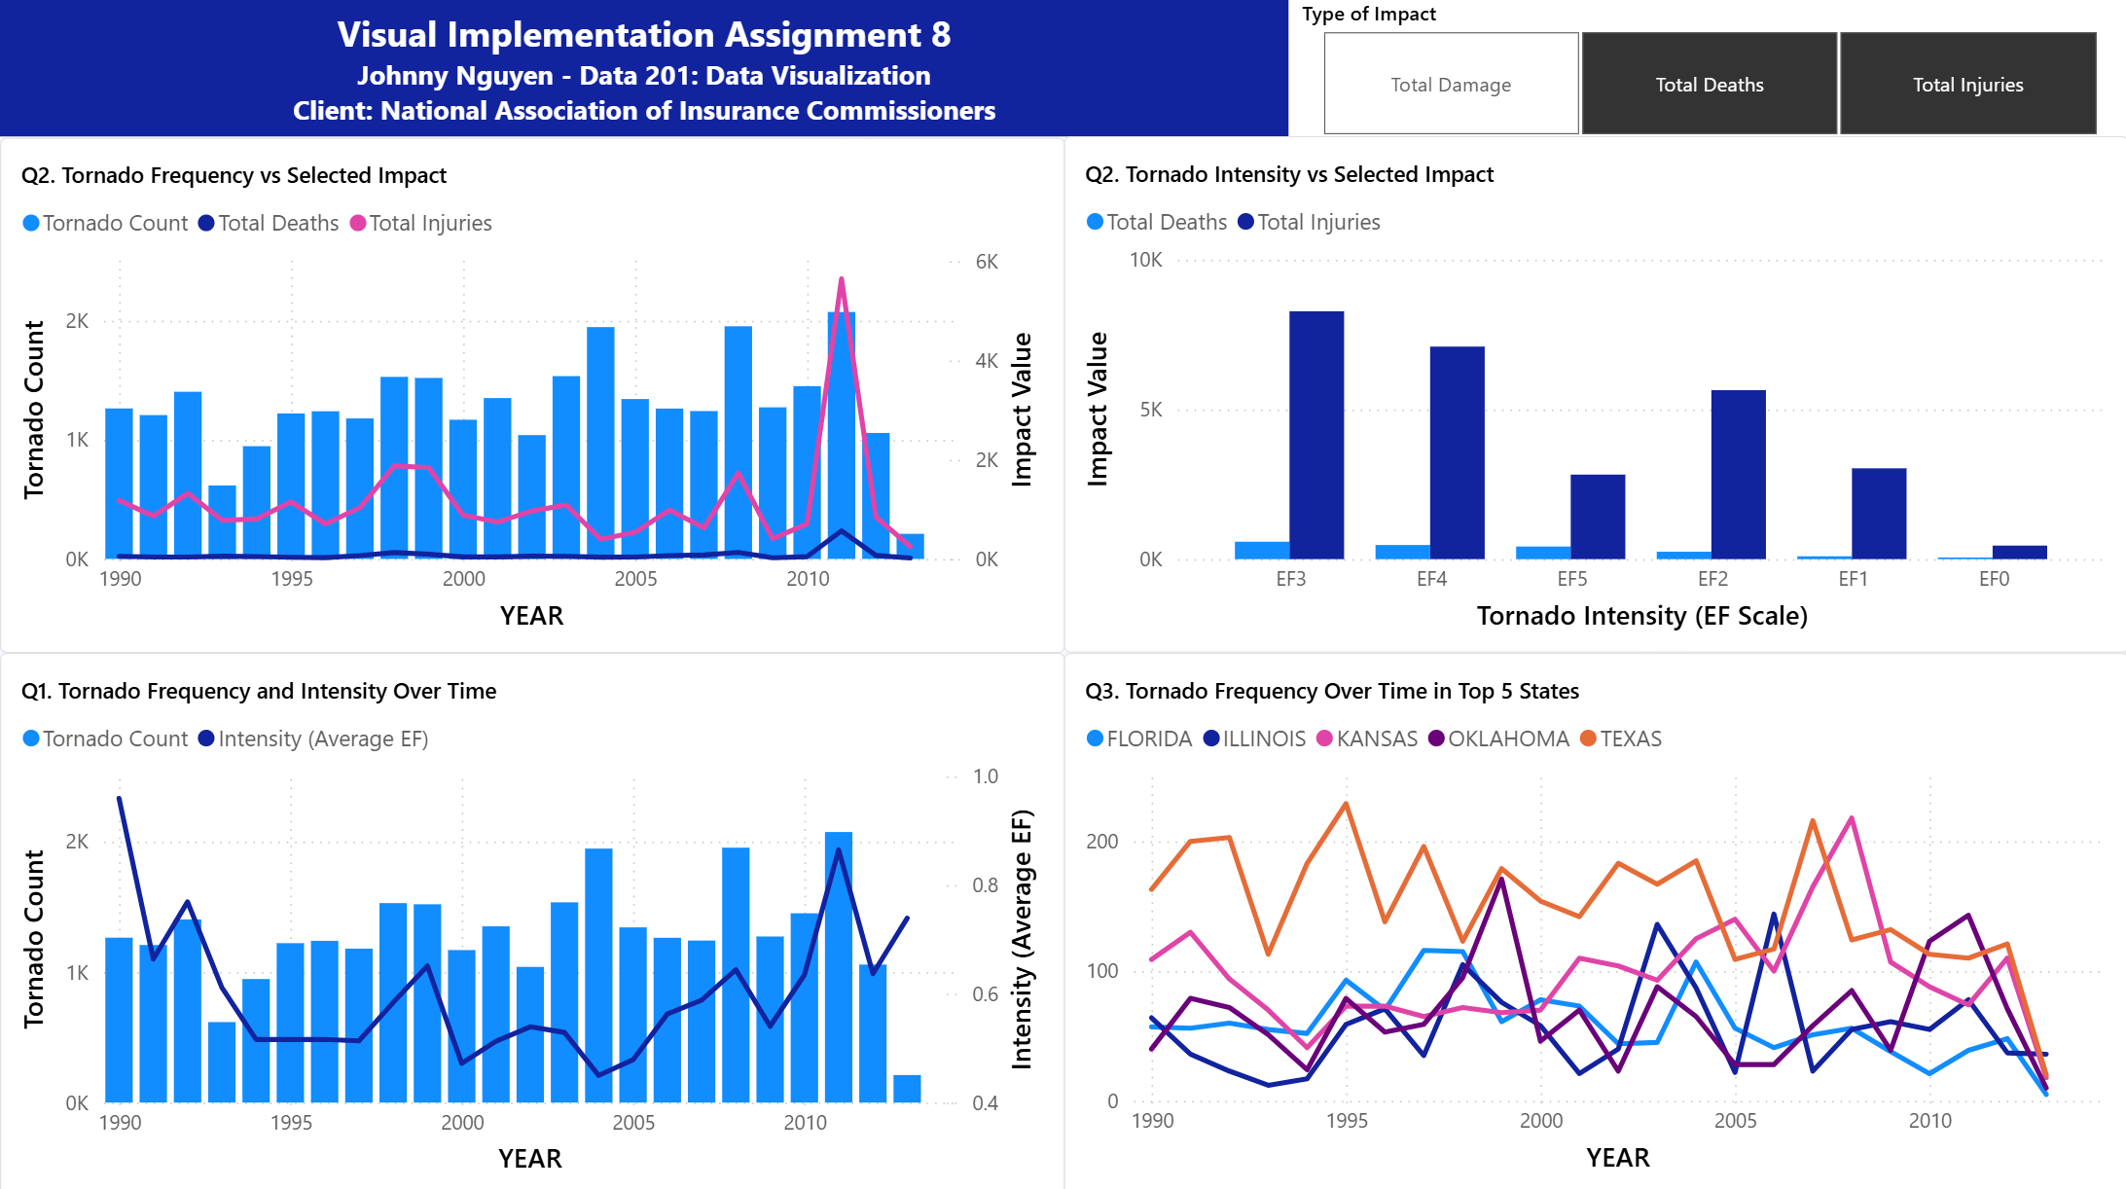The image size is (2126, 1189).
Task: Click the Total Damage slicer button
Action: click(1451, 84)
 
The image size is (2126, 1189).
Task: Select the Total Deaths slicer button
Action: click(1710, 84)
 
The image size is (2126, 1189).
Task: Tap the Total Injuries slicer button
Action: click(1967, 84)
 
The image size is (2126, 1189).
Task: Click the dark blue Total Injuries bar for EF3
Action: click(1316, 435)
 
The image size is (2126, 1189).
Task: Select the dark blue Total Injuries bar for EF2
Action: click(1738, 475)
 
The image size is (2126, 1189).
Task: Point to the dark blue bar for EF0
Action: click(2019, 553)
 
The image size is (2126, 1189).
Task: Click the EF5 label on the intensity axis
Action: click(1571, 579)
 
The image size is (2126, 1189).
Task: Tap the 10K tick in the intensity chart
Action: click(1145, 260)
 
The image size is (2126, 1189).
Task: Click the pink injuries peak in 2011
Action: click(841, 279)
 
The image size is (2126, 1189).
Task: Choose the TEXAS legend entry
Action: click(1621, 739)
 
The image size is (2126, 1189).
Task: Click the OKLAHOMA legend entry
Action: click(1498, 739)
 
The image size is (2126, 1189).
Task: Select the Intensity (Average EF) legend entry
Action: click(313, 739)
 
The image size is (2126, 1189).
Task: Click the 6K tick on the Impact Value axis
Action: click(987, 262)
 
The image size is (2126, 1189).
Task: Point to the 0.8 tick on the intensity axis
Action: click(985, 885)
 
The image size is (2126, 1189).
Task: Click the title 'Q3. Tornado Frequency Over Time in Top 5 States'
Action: click(1332, 691)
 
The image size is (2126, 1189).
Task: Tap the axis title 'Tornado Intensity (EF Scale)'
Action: click(1641, 616)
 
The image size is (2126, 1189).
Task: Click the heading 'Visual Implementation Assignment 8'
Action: click(644, 35)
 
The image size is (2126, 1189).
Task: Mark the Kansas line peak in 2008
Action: click(1851, 817)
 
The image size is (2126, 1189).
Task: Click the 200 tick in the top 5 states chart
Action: click(1101, 842)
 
